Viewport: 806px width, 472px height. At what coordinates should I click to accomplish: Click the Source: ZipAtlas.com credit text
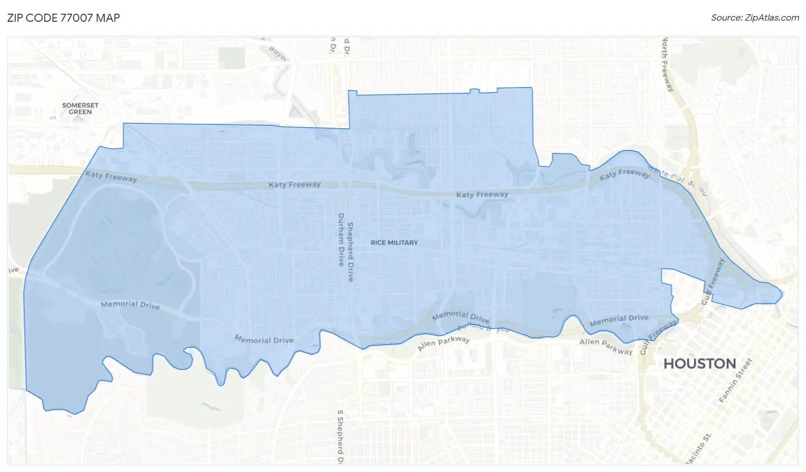(x=754, y=18)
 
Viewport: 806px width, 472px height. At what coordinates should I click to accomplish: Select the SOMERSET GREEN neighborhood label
(x=80, y=108)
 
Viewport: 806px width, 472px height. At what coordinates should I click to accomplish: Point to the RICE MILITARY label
(x=394, y=243)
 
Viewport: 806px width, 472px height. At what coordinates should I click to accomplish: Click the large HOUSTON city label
(x=699, y=363)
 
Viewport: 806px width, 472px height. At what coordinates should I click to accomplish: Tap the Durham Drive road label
(x=341, y=240)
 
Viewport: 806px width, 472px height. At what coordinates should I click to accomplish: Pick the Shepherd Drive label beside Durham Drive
(x=351, y=251)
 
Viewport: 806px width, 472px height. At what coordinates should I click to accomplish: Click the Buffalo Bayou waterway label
(x=483, y=328)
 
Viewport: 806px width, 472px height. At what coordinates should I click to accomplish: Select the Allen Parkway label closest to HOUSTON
(x=606, y=346)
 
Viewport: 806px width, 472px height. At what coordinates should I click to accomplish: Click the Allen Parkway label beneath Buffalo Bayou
(x=443, y=344)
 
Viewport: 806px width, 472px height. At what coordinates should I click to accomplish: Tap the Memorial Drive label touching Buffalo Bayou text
(x=460, y=317)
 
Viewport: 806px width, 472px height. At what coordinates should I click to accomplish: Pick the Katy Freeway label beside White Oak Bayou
(x=624, y=174)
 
